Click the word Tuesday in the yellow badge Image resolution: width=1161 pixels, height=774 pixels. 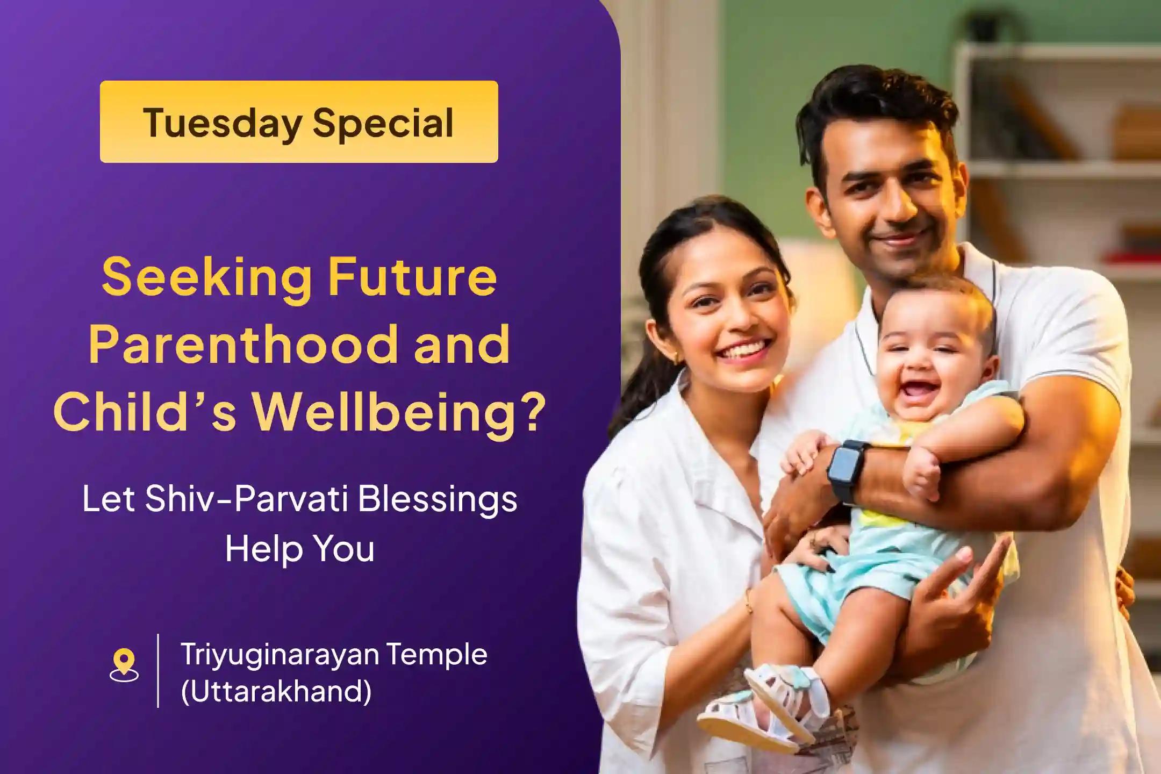pyautogui.click(x=222, y=123)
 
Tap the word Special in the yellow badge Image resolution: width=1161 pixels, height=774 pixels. pyautogui.click(x=383, y=123)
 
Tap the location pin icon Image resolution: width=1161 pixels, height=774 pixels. pyautogui.click(x=124, y=665)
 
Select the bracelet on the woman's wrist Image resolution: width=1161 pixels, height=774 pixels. pyautogui.click(x=749, y=602)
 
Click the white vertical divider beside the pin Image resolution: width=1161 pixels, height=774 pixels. pyautogui.click(x=158, y=670)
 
